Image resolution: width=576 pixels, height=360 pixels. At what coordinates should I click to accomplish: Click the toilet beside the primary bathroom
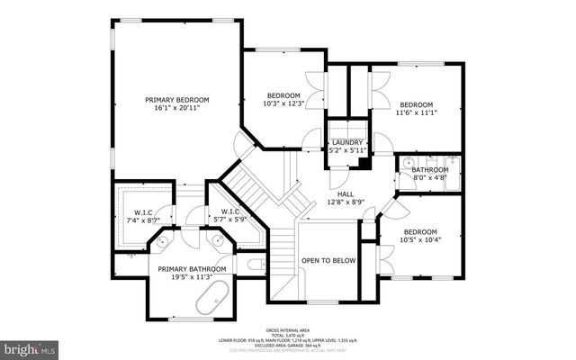click(x=254, y=265)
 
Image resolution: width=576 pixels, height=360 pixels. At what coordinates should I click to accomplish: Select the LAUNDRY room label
click(x=347, y=142)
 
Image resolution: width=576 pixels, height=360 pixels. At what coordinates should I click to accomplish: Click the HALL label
click(x=346, y=193)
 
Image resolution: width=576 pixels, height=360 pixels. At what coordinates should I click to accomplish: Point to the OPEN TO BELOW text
click(x=328, y=261)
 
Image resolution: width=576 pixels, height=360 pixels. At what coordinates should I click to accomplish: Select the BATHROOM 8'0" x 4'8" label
click(x=429, y=170)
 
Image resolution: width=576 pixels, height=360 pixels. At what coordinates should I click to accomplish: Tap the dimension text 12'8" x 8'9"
click(x=346, y=202)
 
